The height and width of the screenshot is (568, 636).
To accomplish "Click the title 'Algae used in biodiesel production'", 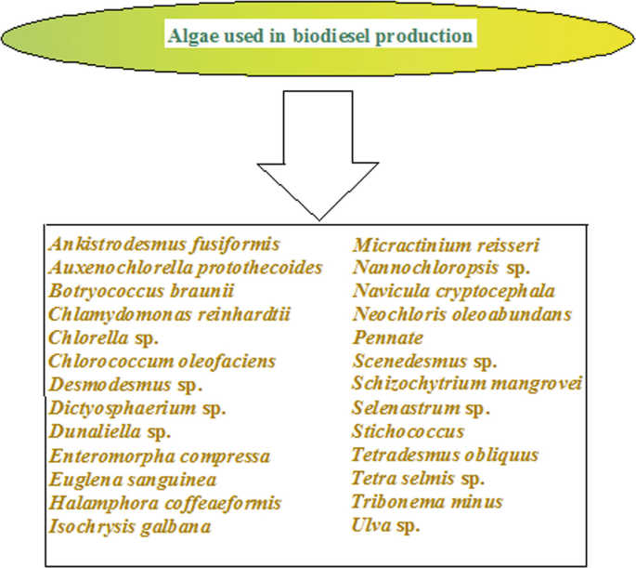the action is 319,37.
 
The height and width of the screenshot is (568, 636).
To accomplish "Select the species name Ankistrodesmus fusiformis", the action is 164,244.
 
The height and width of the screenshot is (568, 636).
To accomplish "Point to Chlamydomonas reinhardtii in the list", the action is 170,314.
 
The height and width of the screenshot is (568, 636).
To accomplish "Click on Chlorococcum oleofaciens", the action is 149,361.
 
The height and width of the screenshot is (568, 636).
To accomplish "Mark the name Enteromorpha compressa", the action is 159,456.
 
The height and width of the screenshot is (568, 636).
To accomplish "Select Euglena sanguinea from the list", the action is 133,480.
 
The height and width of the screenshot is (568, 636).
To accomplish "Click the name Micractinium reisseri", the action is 446,245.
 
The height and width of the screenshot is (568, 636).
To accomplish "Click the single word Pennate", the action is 387,337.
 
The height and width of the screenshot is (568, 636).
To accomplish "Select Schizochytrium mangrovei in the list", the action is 466,384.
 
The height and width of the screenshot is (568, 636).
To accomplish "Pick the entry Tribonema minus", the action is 427,502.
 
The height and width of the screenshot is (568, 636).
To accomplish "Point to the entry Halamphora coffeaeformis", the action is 163,503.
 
